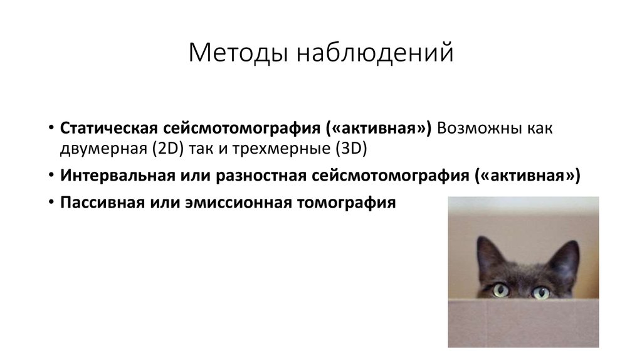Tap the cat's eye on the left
(x=500, y=290)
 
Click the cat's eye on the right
(x=540, y=292)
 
